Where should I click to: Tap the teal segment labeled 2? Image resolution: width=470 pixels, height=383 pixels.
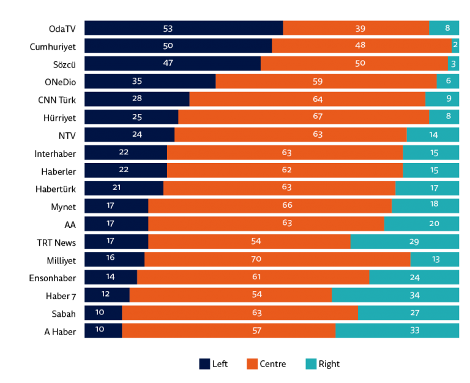coord(455,46)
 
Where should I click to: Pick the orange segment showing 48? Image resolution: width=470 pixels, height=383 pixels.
coord(361,46)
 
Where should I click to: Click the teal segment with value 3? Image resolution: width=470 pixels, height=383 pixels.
coord(453,64)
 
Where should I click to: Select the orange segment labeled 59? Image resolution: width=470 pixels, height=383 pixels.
coord(326,82)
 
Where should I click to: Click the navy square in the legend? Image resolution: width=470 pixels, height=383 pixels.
coord(204,364)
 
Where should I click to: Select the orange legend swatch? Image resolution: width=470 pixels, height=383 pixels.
coord(252,364)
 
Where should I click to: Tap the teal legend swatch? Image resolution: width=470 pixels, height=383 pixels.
coord(311,364)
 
